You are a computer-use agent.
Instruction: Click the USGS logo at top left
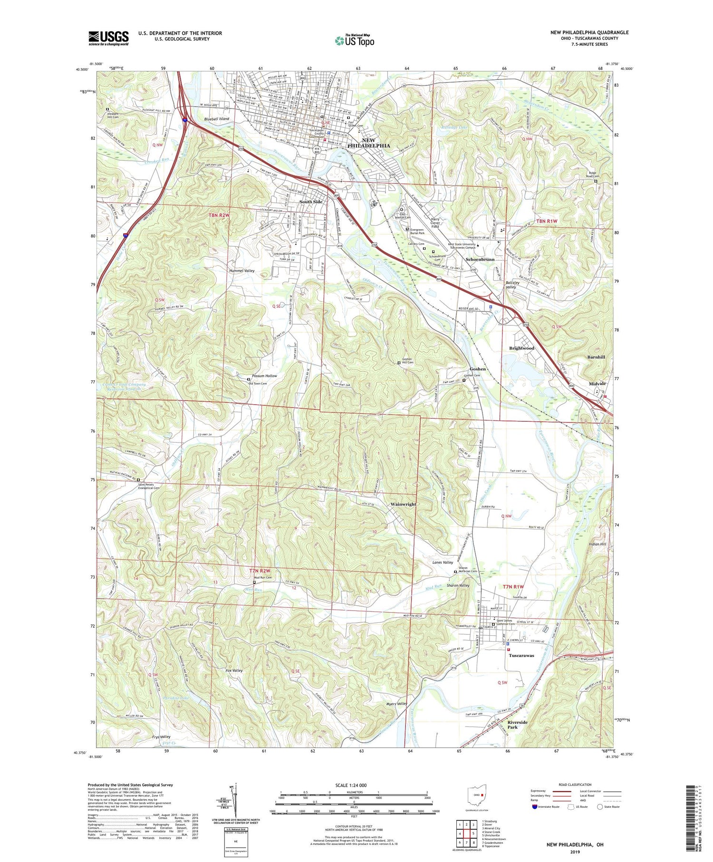pyautogui.click(x=108, y=38)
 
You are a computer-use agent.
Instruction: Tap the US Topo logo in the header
pyautogui.click(x=354, y=40)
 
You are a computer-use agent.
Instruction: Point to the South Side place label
pyautogui.click(x=311, y=202)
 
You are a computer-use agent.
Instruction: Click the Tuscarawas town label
pyautogui.click(x=521, y=655)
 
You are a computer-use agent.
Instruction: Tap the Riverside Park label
pyautogui.click(x=518, y=725)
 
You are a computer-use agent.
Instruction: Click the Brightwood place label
pyautogui.click(x=521, y=348)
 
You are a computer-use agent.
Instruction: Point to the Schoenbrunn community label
pyautogui.click(x=480, y=260)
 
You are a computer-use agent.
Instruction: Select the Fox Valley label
pyautogui.click(x=234, y=670)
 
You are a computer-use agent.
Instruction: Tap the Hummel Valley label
pyautogui.click(x=242, y=271)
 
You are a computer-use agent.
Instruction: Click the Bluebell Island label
pyautogui.click(x=216, y=119)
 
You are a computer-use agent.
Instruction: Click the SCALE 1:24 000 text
pyautogui.click(x=351, y=785)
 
